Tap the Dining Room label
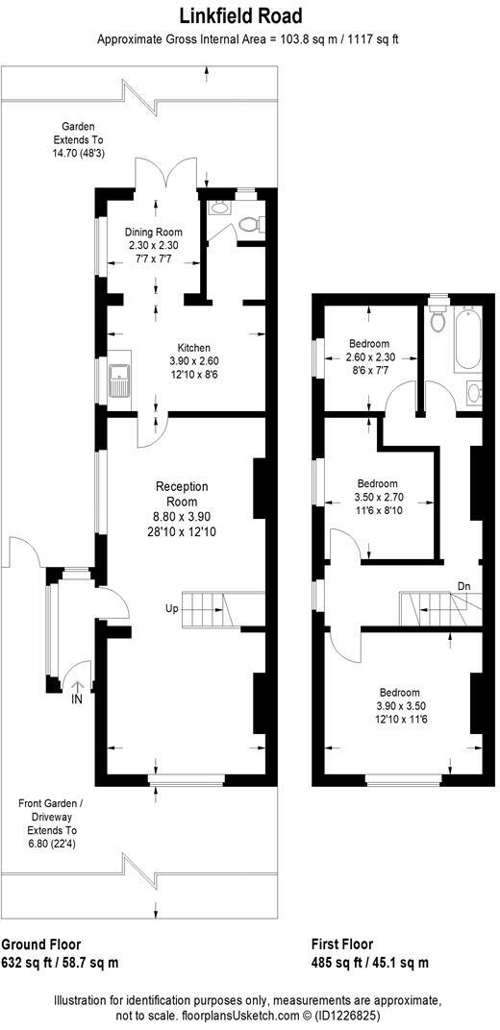[154, 233]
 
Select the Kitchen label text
[193, 348]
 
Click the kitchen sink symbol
[121, 380]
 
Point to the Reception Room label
[181, 494]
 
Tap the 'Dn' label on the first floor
[464, 586]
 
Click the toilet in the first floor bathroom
[438, 319]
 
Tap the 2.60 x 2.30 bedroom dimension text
[369, 357]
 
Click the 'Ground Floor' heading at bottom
[40, 944]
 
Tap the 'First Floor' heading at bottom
[342, 944]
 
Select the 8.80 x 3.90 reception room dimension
[181, 517]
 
